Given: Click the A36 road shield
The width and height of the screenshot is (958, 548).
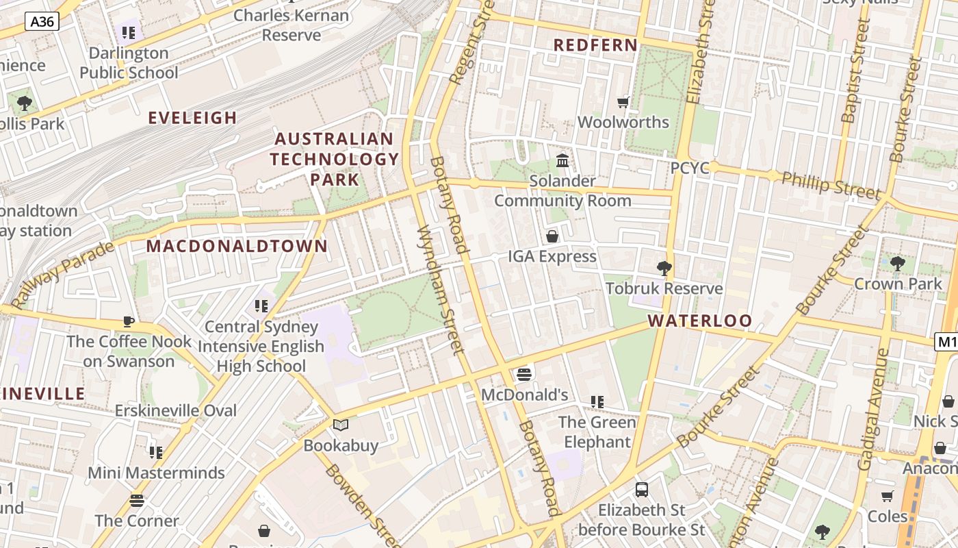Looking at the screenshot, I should click(x=42, y=21).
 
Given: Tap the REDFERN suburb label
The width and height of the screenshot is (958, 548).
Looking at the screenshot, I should click(x=595, y=45).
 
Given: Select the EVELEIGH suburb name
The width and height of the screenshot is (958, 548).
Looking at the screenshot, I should click(x=193, y=118).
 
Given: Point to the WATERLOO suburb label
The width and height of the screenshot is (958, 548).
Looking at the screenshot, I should click(x=699, y=321).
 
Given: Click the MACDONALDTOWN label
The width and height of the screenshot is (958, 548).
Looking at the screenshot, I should click(x=237, y=246).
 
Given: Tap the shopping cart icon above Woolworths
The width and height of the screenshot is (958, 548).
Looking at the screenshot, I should click(x=623, y=102).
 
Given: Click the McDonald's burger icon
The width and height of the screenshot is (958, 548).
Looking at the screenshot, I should click(x=524, y=374).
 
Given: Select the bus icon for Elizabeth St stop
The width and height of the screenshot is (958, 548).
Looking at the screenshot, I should click(x=641, y=489).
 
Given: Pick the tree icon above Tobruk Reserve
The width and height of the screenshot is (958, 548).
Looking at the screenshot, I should click(x=663, y=268).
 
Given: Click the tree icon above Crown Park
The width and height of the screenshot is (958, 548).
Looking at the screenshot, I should click(x=898, y=263).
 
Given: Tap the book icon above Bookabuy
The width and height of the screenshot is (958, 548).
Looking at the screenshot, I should click(x=340, y=425).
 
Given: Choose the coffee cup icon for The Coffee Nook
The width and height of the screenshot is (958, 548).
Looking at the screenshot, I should click(x=129, y=321).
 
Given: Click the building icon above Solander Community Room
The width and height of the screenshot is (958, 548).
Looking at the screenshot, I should click(x=562, y=160).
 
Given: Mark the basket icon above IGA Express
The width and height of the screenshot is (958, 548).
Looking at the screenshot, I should click(x=552, y=236).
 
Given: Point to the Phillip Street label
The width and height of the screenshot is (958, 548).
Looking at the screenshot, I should click(x=831, y=185).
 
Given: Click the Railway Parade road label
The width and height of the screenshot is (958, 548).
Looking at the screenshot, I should click(x=63, y=274).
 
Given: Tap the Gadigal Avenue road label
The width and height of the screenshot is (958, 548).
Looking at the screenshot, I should click(x=873, y=410).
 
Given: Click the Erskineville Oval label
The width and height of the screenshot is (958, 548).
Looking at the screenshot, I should click(x=176, y=411).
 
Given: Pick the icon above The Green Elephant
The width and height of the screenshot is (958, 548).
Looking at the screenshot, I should click(x=597, y=401).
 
